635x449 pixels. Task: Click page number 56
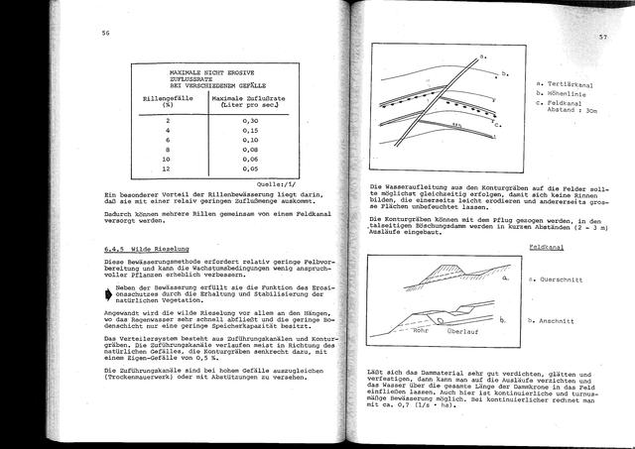click(x=104, y=33)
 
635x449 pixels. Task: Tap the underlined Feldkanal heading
click(x=548, y=243)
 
